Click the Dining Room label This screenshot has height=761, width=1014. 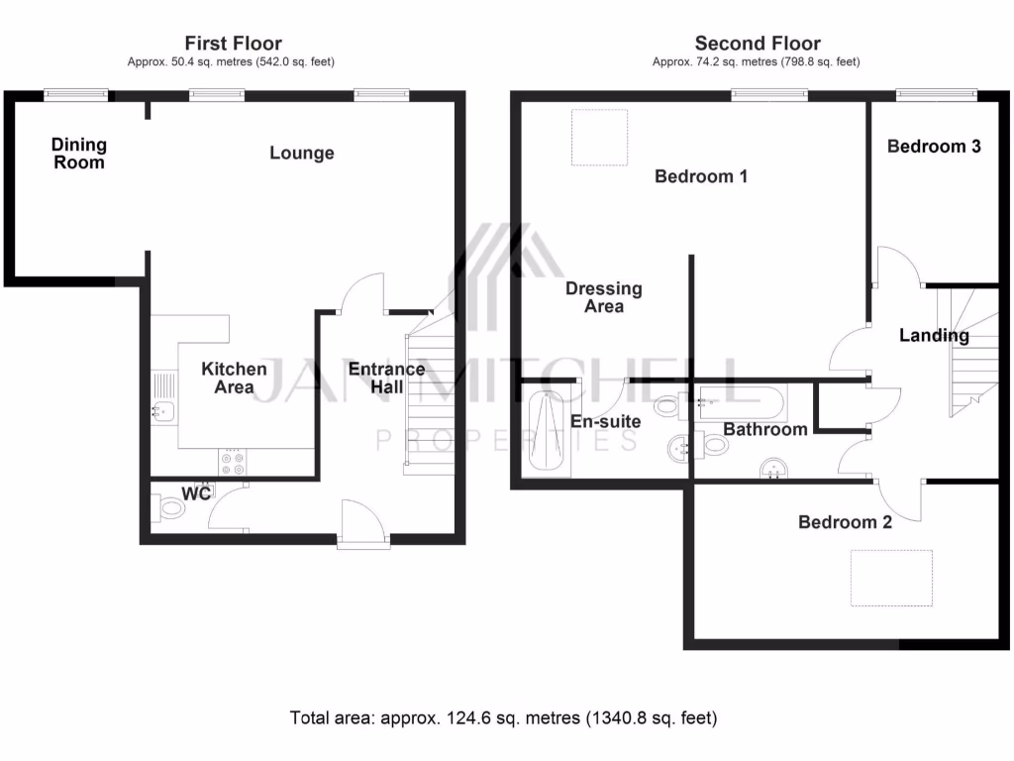pyautogui.click(x=79, y=154)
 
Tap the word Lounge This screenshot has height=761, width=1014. pyautogui.click(x=302, y=154)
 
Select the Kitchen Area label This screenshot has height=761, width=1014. pyautogui.click(x=235, y=378)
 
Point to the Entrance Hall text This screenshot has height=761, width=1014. pyautogui.click(x=386, y=378)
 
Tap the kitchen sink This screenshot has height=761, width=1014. pyautogui.click(x=163, y=409)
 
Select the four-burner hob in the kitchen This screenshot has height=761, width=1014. pyautogui.click(x=234, y=463)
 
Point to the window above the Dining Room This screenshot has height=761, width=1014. pyautogui.click(x=76, y=94)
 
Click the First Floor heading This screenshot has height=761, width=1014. pyautogui.click(x=233, y=44)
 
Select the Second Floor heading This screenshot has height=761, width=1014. pyautogui.click(x=758, y=44)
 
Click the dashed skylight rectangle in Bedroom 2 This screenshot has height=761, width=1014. pyautogui.click(x=892, y=578)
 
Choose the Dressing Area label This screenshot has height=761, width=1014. pyautogui.click(x=604, y=297)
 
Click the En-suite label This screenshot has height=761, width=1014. pyautogui.click(x=606, y=421)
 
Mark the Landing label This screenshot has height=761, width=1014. pyautogui.click(x=934, y=335)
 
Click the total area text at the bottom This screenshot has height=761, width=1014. pyautogui.click(x=503, y=717)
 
